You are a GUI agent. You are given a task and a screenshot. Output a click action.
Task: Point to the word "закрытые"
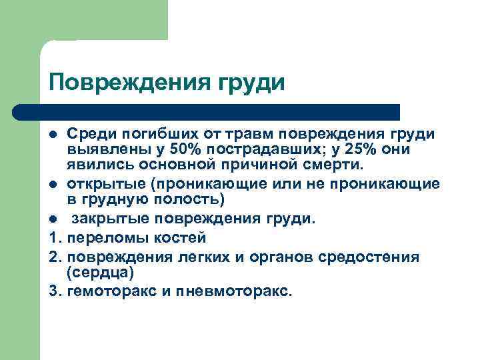click(104, 219)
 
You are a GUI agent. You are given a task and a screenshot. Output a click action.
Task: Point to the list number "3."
click(55, 291)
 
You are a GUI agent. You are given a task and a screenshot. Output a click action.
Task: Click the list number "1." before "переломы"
click(55, 237)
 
